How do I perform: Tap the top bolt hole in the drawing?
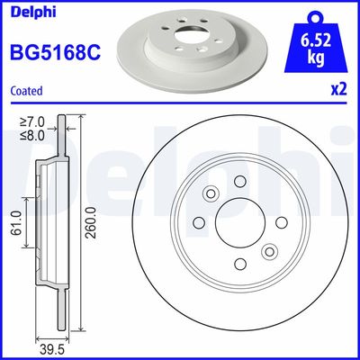[x=240, y=182]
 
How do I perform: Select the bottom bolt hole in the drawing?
[x=240, y=263]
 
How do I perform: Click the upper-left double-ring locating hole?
[x=212, y=194]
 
